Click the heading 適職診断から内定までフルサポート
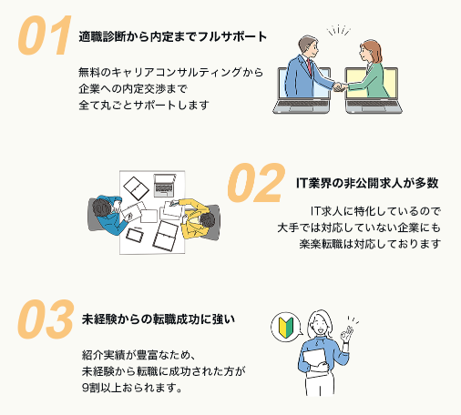(173, 37)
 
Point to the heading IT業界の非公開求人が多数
(367, 183)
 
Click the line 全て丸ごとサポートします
(144, 105)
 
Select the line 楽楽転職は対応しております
(370, 244)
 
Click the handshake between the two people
(340, 87)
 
